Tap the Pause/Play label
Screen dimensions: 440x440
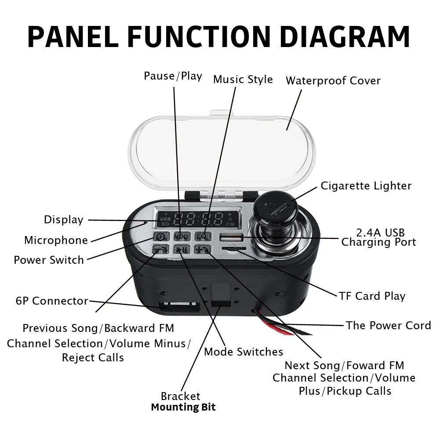173,76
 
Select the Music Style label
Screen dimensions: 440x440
243,80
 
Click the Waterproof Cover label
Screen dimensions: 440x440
333,81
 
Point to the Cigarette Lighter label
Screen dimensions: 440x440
366,185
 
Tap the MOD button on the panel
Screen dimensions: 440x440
181,236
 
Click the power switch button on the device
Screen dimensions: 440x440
159,236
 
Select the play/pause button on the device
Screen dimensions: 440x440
181,250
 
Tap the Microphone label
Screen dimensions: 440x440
56,240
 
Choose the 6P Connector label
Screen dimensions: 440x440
52,301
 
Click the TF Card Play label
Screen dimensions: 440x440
372,296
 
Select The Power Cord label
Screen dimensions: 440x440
388,326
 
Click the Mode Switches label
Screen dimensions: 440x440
244,352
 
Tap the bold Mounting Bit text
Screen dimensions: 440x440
183,407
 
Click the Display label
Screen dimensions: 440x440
63,220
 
